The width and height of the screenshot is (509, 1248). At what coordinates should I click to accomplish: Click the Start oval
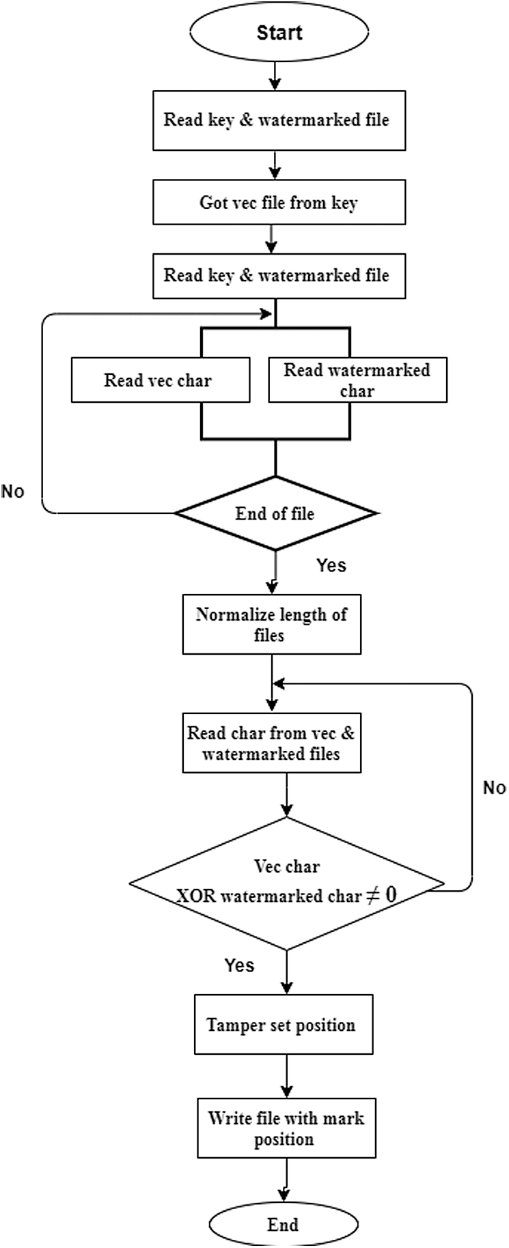tap(279, 32)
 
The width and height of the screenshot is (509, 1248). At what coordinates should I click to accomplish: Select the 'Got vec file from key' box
tap(279, 203)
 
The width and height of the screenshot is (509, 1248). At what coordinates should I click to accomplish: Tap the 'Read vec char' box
tap(160, 380)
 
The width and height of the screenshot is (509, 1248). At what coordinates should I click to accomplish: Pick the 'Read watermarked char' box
tap(357, 380)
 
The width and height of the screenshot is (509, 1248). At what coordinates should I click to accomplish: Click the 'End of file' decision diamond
tap(275, 513)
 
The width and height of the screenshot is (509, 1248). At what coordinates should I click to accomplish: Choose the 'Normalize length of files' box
tap(271, 624)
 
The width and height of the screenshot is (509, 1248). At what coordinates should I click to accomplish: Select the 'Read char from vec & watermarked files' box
tap(271, 743)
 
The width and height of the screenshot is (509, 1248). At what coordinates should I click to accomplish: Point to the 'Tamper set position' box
tap(284, 1024)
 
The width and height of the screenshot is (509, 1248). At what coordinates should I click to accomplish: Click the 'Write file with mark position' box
tap(286, 1128)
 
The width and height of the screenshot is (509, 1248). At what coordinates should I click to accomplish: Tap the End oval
tap(283, 1224)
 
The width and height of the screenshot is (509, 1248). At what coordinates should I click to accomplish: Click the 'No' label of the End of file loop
tap(13, 491)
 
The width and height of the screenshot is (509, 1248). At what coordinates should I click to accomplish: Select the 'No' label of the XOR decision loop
tap(494, 788)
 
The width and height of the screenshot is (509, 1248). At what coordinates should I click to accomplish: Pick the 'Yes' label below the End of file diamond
tap(331, 565)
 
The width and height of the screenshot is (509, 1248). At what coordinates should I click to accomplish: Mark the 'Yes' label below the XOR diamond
tap(239, 965)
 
